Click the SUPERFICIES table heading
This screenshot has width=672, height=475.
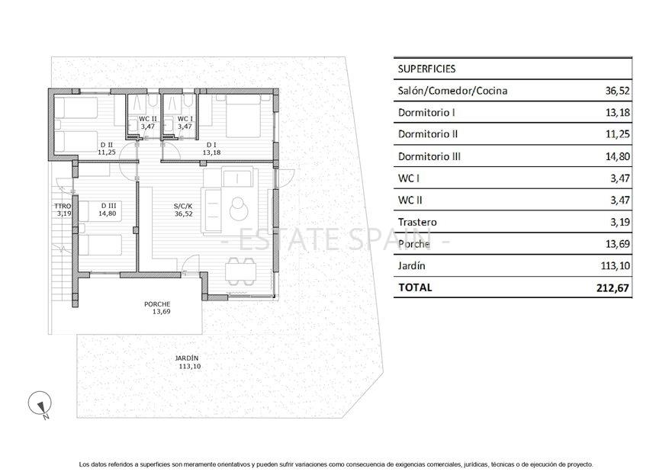[426, 69]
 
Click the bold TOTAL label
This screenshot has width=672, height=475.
[415, 287]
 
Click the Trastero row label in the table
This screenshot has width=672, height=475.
[418, 222]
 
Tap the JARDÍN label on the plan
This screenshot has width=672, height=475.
[186, 358]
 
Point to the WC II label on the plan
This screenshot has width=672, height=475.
[147, 119]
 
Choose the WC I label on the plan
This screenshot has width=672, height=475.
[185, 119]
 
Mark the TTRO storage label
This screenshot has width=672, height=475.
[63, 206]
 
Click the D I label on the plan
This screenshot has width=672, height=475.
[211, 144]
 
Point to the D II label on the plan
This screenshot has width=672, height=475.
[106, 144]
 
